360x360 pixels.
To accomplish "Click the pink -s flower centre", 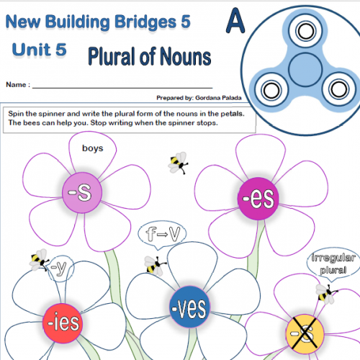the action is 82,193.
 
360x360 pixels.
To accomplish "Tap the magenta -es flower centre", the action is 258,199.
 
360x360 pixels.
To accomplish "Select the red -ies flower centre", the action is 63,323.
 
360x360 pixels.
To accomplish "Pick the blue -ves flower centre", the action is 189,307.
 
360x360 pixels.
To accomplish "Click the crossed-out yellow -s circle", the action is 305,333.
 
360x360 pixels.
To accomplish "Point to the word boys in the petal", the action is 93,148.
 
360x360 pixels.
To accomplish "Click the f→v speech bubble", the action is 162,234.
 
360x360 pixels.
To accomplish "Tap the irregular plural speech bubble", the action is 333,264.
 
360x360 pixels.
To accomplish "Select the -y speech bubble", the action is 60,268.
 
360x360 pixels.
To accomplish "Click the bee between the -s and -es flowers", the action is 178,163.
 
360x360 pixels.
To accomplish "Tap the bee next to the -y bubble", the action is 39,260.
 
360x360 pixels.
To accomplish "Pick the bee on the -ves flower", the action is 155,266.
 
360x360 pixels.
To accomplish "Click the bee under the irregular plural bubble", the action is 325,294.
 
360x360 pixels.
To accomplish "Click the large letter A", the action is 235,20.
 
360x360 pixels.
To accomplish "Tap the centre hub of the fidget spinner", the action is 305,70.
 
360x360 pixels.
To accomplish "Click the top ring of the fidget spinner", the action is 305,31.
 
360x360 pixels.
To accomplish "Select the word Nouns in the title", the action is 186,56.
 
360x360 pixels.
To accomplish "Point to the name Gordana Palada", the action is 218,98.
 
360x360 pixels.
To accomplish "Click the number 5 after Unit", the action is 61,50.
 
